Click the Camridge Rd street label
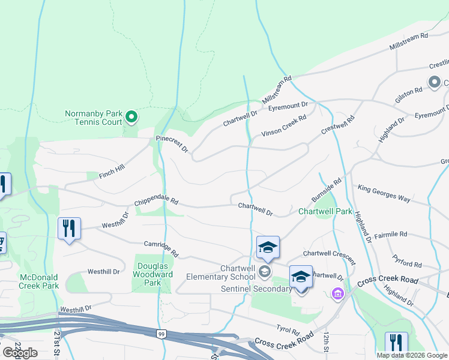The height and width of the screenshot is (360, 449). click(x=161, y=248)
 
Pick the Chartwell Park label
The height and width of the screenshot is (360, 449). click(x=325, y=211)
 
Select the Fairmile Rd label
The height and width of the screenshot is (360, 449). click(x=390, y=234)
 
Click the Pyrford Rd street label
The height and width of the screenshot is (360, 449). click(x=408, y=263)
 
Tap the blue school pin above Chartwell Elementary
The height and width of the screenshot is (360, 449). click(x=268, y=247)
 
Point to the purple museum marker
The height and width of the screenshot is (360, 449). click(x=337, y=294)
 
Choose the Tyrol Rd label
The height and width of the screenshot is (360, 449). click(x=288, y=329)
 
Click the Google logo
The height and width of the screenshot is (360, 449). click(x=20, y=352)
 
